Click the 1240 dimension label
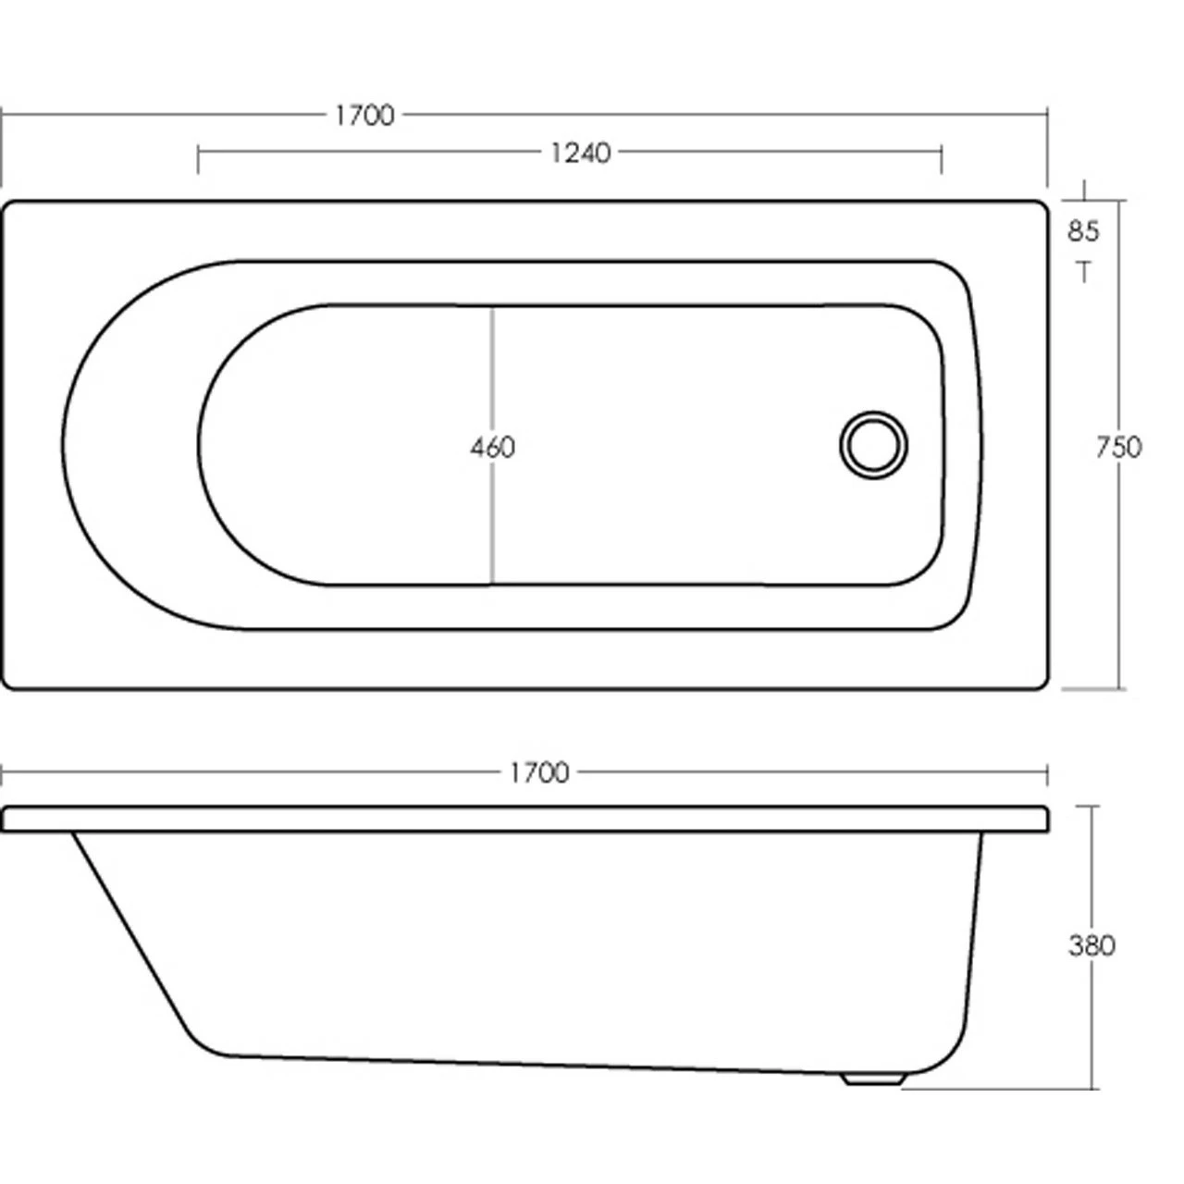coord(580,152)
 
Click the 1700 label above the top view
coord(364,115)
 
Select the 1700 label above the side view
coord(539,771)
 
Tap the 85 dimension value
coord(1083,230)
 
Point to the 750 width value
coord(1117,448)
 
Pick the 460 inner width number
coord(491,448)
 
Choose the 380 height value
coord(1091,945)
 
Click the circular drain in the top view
coord(873,445)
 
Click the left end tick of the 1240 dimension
coord(198,158)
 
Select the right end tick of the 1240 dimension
coord(942,158)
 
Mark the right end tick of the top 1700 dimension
coord(1047,148)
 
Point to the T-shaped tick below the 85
coord(1084,270)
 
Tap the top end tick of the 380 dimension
coord(1094,806)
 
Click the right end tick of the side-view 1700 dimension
coord(1047,772)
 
